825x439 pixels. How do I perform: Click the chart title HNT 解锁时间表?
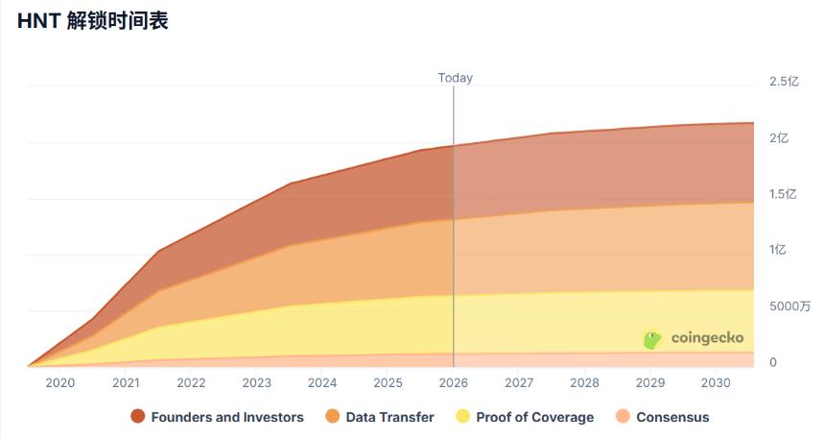tap(93, 21)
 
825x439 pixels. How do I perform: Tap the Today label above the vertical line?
tap(455, 78)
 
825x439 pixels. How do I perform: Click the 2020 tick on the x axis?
tap(60, 382)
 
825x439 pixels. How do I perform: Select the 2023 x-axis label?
tap(257, 382)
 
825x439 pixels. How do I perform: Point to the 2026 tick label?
tap(454, 382)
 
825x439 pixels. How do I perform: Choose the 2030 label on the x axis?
tap(716, 382)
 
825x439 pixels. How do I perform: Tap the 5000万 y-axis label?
tap(790, 306)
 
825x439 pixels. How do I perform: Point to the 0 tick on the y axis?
tap(773, 362)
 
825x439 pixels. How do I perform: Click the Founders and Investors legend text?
tap(227, 417)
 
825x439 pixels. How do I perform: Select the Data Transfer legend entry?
tap(389, 417)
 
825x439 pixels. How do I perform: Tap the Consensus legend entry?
tap(672, 417)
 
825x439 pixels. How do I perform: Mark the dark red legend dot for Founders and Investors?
tap(138, 417)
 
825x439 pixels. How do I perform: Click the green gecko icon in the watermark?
tap(652, 339)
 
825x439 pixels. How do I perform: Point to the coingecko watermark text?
tap(707, 338)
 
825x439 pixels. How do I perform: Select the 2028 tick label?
tap(584, 382)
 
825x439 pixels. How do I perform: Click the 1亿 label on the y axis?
tap(777, 250)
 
